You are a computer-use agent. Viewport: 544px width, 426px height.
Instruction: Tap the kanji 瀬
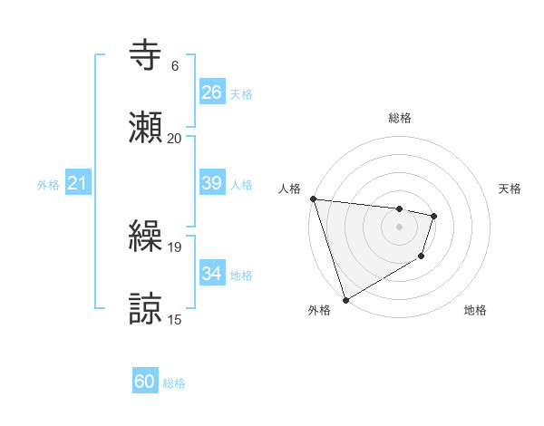click(x=147, y=127)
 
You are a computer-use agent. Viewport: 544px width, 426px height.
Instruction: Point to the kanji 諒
click(x=147, y=307)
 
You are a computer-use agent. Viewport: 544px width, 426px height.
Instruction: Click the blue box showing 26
click(x=211, y=92)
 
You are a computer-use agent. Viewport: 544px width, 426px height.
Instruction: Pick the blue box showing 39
click(x=211, y=183)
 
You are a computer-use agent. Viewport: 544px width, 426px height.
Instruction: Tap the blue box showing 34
click(x=211, y=274)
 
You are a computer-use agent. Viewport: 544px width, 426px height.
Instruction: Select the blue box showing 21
click(x=78, y=183)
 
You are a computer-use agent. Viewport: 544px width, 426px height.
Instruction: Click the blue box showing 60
click(x=145, y=382)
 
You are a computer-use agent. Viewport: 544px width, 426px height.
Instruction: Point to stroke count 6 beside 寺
click(x=175, y=66)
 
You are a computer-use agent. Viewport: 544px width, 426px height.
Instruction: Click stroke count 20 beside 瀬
click(x=174, y=138)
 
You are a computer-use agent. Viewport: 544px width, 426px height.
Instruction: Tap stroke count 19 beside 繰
click(x=174, y=247)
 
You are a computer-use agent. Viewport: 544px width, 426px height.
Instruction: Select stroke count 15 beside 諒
click(x=174, y=318)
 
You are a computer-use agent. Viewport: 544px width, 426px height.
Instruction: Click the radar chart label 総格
click(x=400, y=118)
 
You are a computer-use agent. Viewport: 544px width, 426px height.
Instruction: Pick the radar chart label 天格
click(x=510, y=189)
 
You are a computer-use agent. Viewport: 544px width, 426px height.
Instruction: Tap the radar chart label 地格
click(x=475, y=311)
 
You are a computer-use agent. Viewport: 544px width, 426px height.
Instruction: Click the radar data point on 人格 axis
click(x=313, y=198)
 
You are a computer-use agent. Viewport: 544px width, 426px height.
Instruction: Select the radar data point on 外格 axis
click(x=345, y=299)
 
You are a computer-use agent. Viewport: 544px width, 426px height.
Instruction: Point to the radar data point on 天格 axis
click(x=434, y=216)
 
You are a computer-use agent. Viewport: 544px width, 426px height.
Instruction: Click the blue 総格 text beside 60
click(x=174, y=383)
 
